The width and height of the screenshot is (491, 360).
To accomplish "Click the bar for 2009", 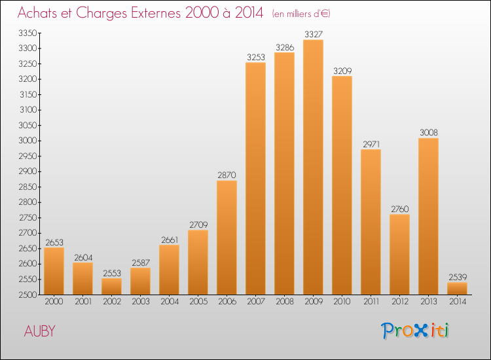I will pos(313,167).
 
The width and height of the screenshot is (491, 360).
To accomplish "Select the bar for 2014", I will pos(457,288).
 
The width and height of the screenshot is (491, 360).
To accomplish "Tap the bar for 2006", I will pos(227,237).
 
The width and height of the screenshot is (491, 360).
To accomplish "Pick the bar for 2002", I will pos(111,286).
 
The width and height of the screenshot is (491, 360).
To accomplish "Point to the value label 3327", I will pos(313,34).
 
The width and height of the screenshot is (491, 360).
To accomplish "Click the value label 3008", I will pos(428,132).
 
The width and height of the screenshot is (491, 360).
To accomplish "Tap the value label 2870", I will pos(227,175).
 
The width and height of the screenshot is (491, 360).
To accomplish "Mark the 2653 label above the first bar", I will pos(54,242).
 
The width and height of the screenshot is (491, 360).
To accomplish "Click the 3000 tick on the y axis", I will pos(27,141).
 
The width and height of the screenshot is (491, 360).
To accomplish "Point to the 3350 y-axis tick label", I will pos(27,33).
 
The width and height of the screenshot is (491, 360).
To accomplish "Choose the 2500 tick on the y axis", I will pos(27,295).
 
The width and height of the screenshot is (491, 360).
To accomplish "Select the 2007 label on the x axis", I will pos(255,302).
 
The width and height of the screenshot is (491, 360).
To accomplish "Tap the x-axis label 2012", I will pos(399,302).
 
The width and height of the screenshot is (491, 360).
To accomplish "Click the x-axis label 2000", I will pos(54,302).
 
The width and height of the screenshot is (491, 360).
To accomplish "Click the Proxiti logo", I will pos(415,331).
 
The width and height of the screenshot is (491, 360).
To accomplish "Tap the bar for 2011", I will pos(371,222).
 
